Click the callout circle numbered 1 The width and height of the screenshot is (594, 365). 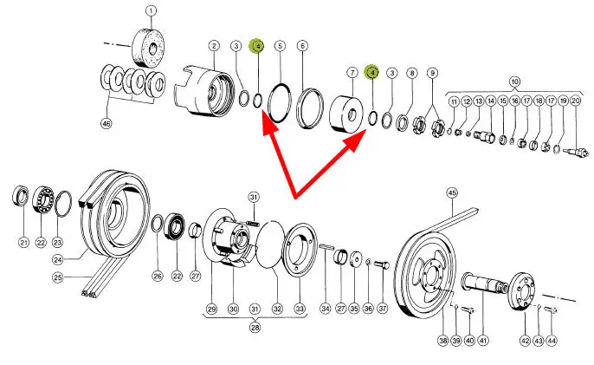(152, 10)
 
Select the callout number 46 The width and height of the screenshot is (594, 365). (107, 123)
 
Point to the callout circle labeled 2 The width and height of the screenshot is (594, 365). (214, 46)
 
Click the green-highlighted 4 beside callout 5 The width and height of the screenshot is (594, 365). (257, 46)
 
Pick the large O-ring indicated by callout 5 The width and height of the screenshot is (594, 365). (280, 102)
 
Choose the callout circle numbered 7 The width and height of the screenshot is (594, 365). (352, 73)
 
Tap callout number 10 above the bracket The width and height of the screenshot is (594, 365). (514, 81)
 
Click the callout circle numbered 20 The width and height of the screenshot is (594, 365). (576, 101)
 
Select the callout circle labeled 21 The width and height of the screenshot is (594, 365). (24, 243)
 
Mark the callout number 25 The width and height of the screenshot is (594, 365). (57, 277)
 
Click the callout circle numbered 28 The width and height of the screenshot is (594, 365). (255, 327)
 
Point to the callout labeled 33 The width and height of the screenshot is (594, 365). (300, 309)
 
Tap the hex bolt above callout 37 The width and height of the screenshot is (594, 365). (382, 265)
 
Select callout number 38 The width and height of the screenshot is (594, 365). (443, 341)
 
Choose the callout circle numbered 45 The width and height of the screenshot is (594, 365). (452, 192)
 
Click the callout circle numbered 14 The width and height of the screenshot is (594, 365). (491, 101)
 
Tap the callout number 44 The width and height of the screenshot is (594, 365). (552, 341)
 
